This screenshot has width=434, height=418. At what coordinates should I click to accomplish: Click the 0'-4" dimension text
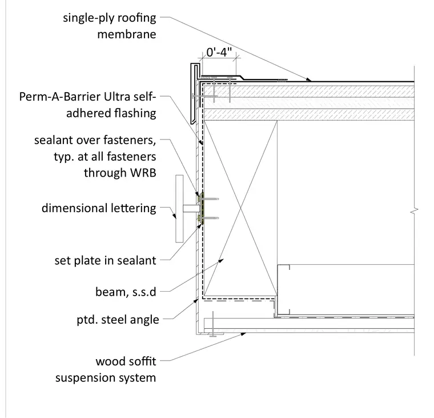click(x=219, y=52)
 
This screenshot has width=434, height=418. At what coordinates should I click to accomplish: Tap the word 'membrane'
click(x=127, y=34)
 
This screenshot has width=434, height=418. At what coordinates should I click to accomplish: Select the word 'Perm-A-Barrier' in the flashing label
click(x=60, y=97)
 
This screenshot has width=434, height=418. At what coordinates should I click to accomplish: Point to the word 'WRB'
click(x=143, y=173)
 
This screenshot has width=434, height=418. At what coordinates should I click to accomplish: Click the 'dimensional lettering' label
click(x=99, y=208)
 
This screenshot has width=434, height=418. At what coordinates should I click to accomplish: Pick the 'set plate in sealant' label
click(x=106, y=261)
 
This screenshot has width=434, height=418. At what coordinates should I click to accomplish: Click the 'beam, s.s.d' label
click(x=126, y=292)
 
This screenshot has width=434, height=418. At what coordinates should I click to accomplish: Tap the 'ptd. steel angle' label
click(x=118, y=320)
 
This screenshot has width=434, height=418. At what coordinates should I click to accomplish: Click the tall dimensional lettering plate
click(x=179, y=209)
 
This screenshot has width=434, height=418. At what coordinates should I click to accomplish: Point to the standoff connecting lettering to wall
click(x=191, y=209)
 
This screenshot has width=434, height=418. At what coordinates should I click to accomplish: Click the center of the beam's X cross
click(x=240, y=208)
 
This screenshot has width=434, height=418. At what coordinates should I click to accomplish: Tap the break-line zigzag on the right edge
click(x=415, y=212)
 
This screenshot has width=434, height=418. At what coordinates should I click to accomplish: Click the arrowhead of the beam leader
click(x=221, y=261)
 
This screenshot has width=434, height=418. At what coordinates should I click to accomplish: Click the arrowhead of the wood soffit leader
click(x=243, y=334)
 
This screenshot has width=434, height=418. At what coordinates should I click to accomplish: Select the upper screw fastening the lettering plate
click(x=209, y=199)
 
